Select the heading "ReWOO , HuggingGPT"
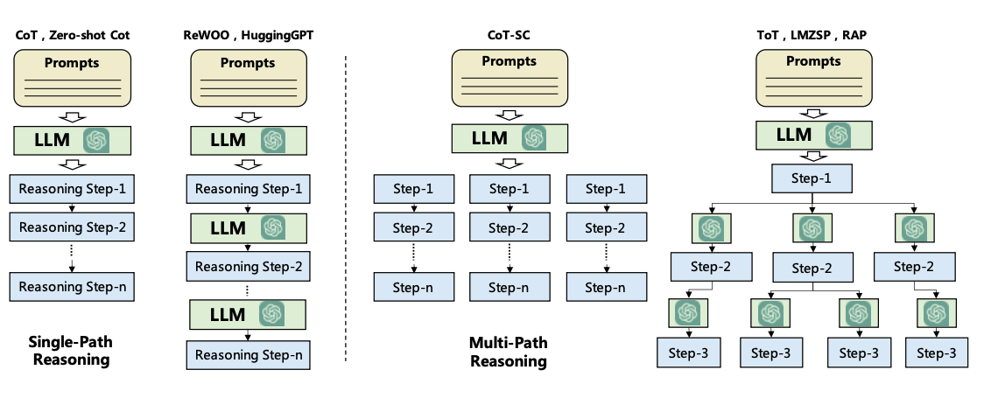248,34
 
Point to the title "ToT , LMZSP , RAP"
812,34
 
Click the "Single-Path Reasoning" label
69,350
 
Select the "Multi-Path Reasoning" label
508,352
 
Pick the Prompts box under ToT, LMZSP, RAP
813,78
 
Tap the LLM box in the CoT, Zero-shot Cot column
70,141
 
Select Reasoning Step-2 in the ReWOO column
248,266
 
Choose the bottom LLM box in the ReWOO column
248,313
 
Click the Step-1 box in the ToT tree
812,178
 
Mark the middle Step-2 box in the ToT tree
812,267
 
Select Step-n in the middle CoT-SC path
510,286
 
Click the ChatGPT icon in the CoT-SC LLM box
534,138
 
